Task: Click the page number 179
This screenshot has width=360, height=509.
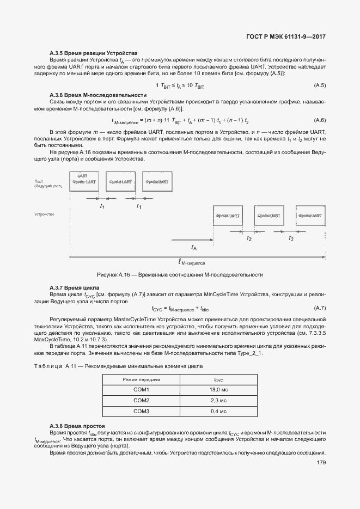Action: [320, 463]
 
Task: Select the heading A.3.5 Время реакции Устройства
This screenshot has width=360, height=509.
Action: [93, 52]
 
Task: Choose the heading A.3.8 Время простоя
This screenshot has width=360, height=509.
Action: [77, 425]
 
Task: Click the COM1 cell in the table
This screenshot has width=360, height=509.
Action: [141, 390]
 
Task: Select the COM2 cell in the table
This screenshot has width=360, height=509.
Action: [141, 401]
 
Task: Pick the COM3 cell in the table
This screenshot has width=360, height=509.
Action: [141, 411]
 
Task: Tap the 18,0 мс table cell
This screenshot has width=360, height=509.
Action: [218, 390]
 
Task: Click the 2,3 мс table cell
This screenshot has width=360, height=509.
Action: [218, 401]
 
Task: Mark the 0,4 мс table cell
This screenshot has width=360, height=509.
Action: [218, 411]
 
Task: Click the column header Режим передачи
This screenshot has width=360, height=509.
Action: [141, 379]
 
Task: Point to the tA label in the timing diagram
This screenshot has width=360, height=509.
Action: [194, 247]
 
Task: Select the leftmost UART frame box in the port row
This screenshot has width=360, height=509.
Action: [83, 180]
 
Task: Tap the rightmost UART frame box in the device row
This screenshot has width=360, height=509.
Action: [310, 216]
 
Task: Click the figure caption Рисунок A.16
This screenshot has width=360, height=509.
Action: [180, 274]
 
